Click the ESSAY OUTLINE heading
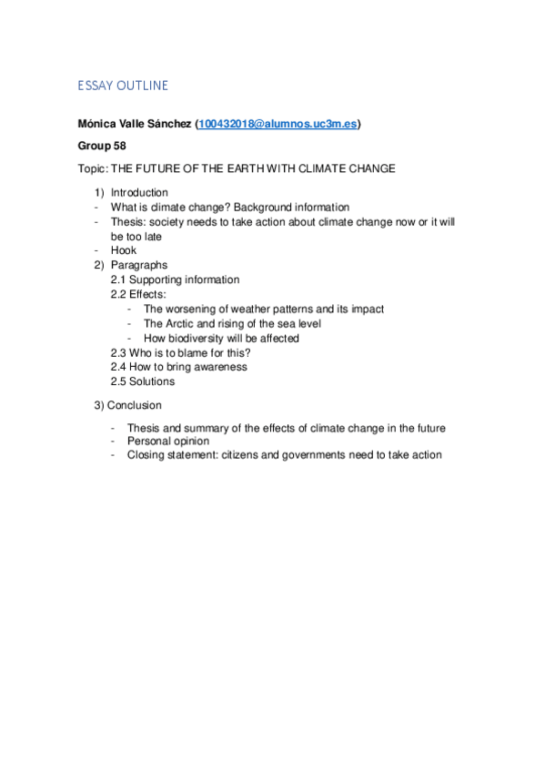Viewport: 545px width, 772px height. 123,86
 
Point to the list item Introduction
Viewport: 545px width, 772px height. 139,192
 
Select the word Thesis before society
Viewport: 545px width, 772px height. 128,221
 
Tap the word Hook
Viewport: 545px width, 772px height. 124,250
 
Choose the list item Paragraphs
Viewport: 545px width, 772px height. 139,265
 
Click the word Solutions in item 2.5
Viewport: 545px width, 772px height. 152,381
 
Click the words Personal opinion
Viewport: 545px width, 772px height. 168,441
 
